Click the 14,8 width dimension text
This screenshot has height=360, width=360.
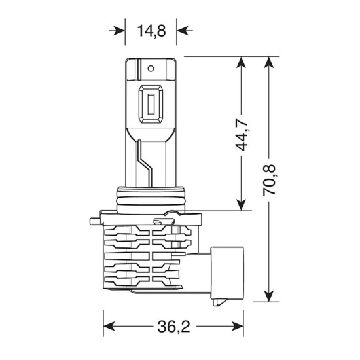[151, 30]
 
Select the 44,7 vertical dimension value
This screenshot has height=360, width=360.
[242, 134]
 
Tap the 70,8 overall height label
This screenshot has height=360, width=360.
[268, 178]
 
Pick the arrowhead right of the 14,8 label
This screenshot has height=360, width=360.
[182, 30]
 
